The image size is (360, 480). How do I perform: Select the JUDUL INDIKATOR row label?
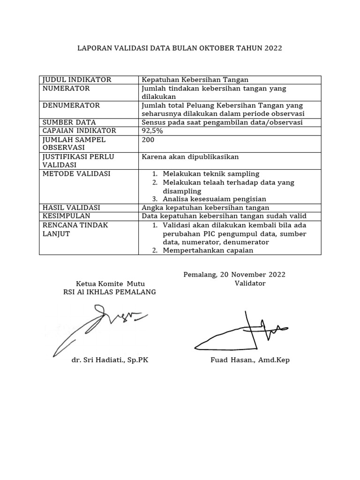click(x=77, y=80)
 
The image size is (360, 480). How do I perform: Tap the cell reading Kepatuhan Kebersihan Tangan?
click(x=195, y=80)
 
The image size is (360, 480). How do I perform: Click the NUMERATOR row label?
click(x=66, y=88)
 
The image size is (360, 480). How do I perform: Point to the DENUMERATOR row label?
click(x=71, y=105)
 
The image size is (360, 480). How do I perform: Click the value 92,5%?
click(x=152, y=131)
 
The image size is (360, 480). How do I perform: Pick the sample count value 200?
click(x=148, y=140)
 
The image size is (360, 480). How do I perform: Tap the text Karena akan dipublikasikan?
click(x=190, y=157)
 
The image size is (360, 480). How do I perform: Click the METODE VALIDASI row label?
click(x=76, y=173)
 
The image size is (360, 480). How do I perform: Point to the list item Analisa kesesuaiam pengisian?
click(x=214, y=199)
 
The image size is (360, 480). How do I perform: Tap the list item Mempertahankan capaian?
click(x=208, y=250)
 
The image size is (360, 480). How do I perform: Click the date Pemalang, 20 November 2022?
click(x=234, y=275)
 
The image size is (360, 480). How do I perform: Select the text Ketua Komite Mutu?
click(x=110, y=284)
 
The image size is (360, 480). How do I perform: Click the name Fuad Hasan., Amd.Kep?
click(x=250, y=360)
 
